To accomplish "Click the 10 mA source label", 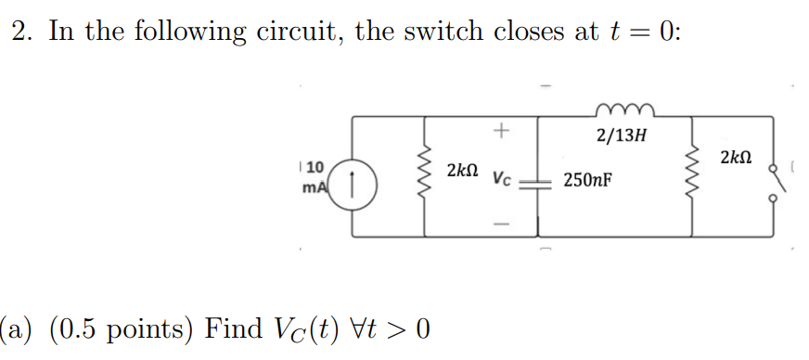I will click(313, 176).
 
